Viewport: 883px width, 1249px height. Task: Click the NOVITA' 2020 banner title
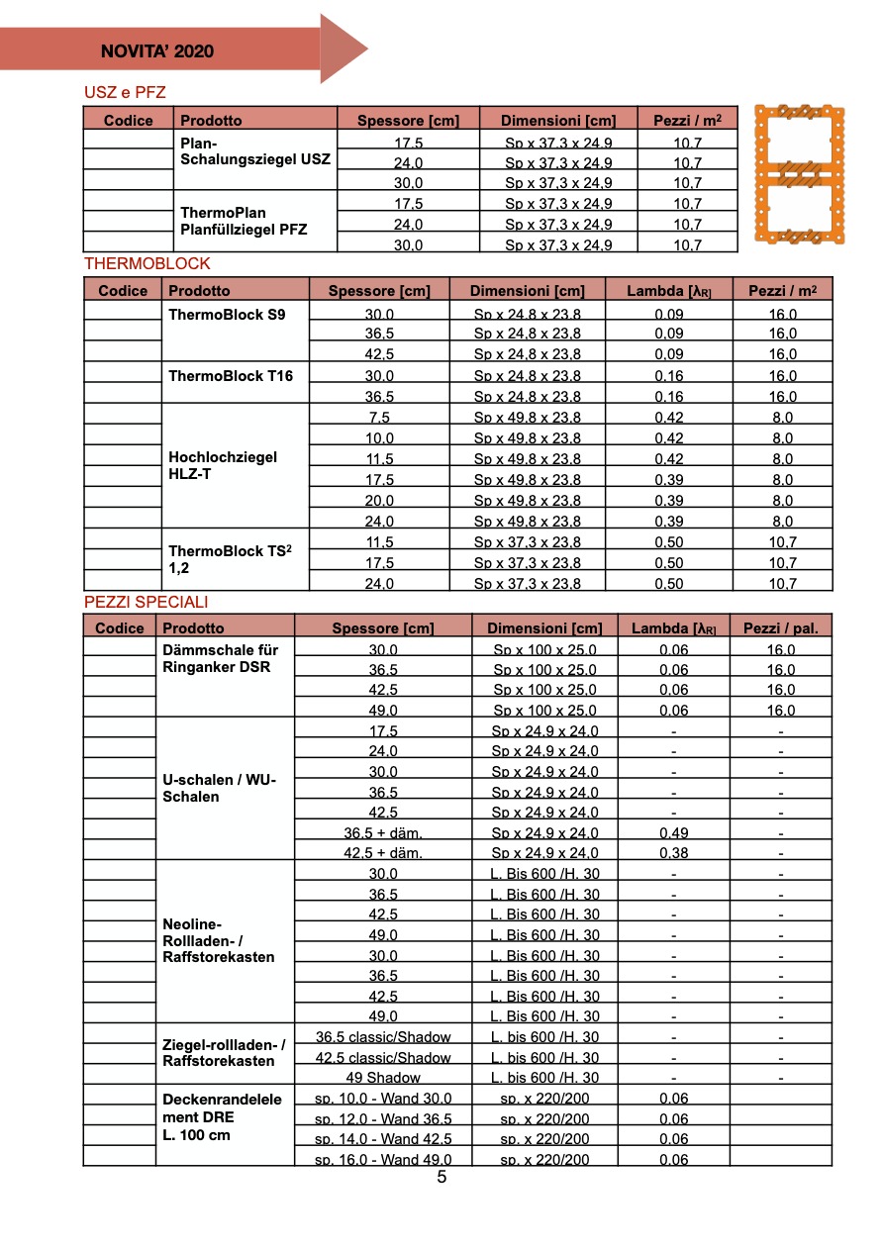click(157, 51)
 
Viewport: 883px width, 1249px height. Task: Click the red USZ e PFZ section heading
click(125, 93)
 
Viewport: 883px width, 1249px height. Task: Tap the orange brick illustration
click(800, 174)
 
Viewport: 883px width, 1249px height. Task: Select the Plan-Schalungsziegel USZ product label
click(255, 150)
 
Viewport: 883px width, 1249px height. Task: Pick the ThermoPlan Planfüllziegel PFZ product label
click(244, 221)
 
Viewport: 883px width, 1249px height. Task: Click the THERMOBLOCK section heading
click(147, 264)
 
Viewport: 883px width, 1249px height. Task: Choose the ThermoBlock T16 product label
click(231, 376)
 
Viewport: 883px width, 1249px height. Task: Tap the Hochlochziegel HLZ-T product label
click(223, 465)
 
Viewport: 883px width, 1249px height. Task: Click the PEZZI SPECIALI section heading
click(146, 602)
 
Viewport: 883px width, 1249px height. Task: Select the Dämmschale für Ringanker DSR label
click(221, 658)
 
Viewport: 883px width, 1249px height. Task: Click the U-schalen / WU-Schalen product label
click(219, 788)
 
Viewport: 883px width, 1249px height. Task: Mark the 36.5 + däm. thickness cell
click(383, 832)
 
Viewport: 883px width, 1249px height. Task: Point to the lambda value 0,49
click(674, 832)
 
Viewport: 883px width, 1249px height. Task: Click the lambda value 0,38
click(674, 853)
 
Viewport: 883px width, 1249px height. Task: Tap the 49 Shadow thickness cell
click(383, 1078)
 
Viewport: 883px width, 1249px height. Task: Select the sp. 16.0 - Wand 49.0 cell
click(383, 1160)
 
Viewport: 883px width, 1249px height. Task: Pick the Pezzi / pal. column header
click(781, 627)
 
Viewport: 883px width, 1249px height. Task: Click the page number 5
click(441, 1178)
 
